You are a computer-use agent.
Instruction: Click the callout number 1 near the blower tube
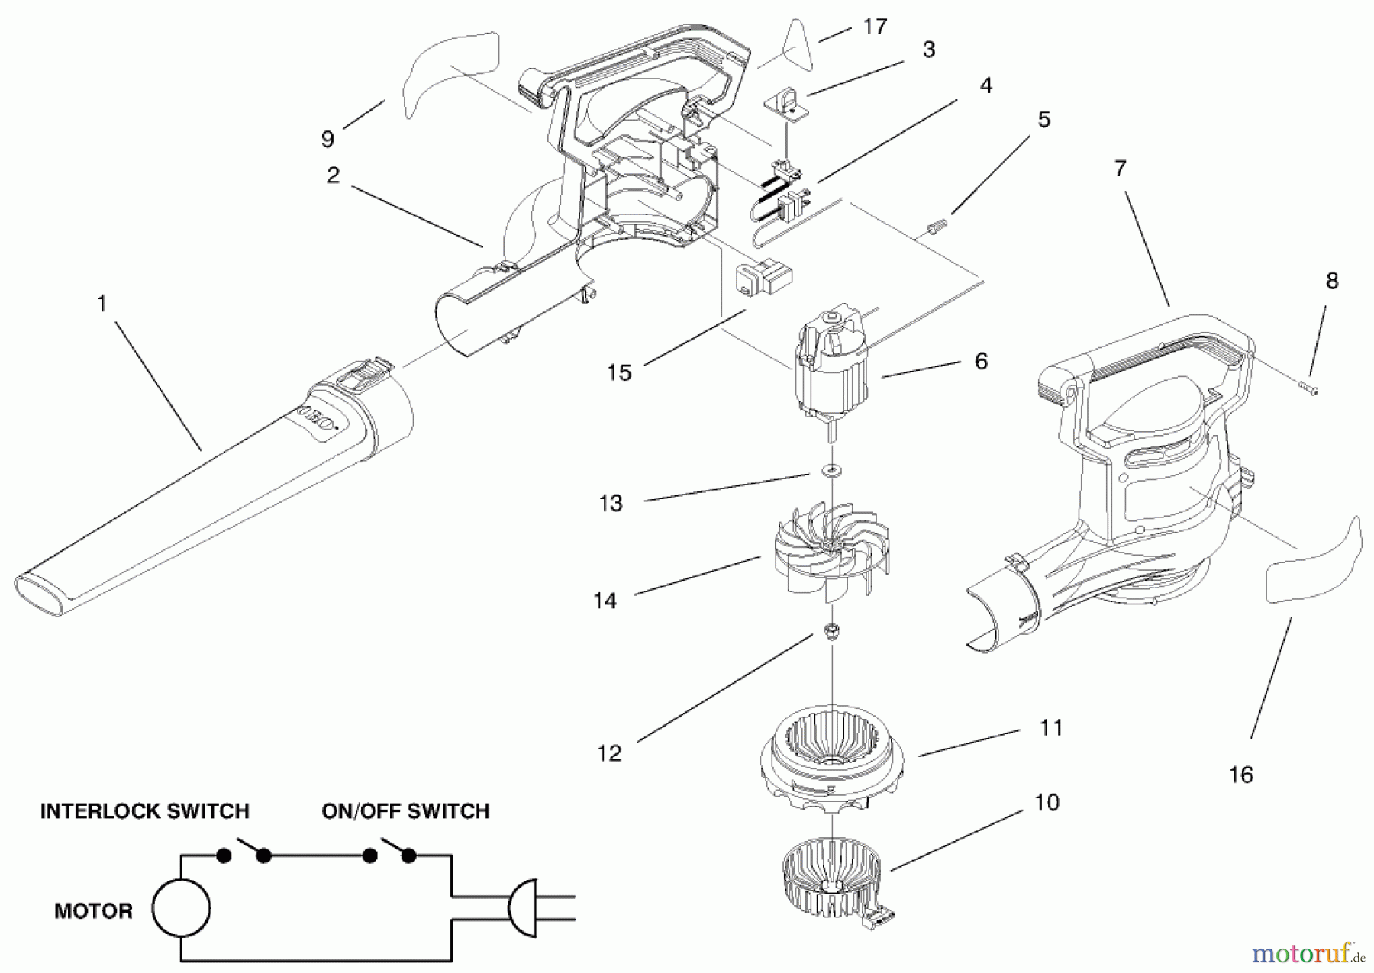coord(102,304)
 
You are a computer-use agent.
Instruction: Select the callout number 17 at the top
coord(875,27)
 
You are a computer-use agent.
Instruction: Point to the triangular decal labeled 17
coord(789,43)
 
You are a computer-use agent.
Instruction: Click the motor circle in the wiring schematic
coord(181,909)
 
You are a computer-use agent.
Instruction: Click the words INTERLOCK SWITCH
coord(144,810)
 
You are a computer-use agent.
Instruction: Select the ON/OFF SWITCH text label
coord(405,810)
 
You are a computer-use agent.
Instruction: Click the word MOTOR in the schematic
coord(93,910)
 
